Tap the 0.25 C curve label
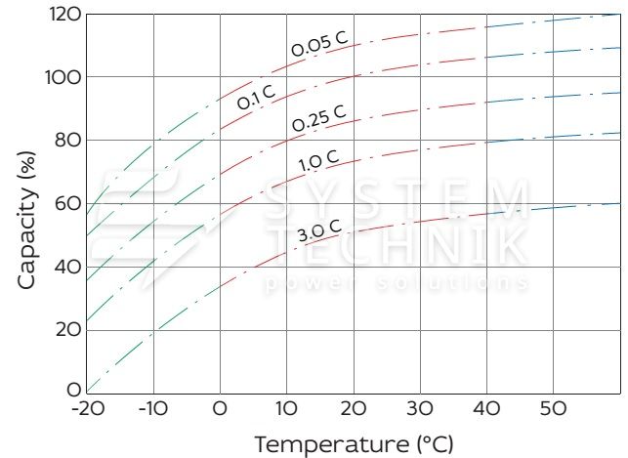tap(319, 118)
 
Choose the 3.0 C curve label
tap(319, 232)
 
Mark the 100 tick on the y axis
tap(63, 77)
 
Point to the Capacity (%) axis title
tap(26, 203)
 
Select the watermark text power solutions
tap(397, 283)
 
